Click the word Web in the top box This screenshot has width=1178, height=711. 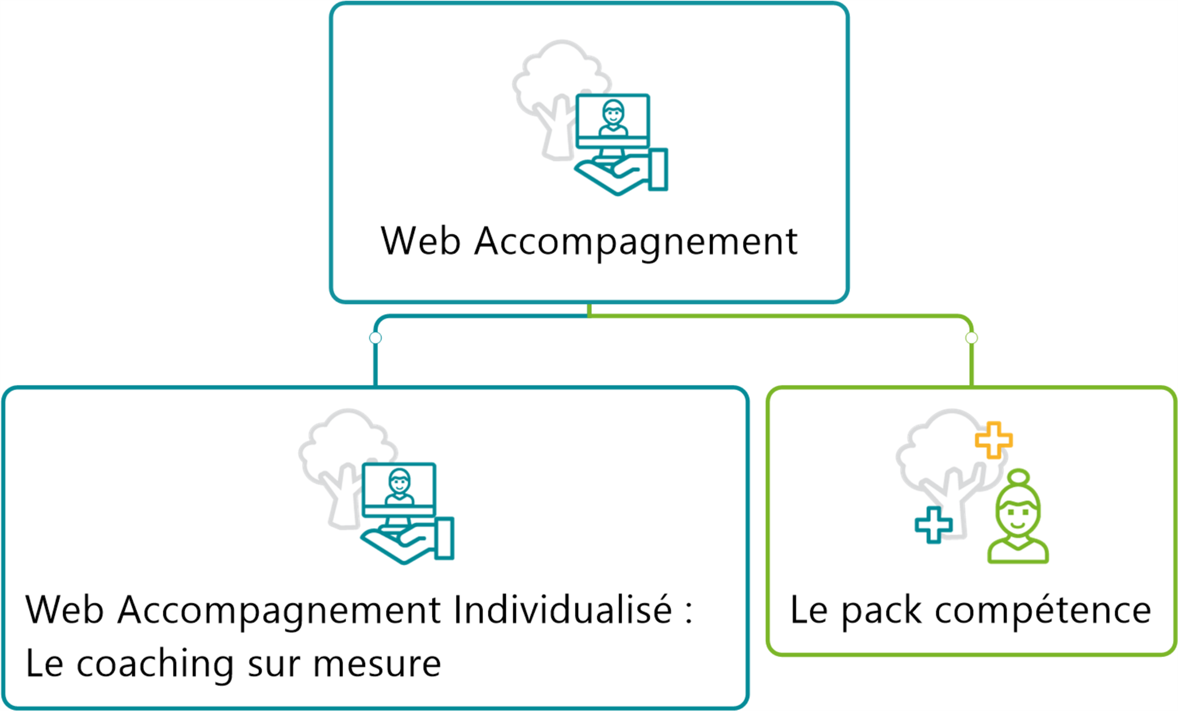pyautogui.click(x=420, y=241)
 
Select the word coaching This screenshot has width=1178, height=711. pyautogui.click(x=155, y=664)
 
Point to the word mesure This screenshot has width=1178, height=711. pyautogui.click(x=377, y=664)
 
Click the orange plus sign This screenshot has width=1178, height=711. pyautogui.click(x=993, y=440)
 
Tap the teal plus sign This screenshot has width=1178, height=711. pyautogui.click(x=934, y=524)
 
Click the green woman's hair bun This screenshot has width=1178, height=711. pyautogui.click(x=1019, y=477)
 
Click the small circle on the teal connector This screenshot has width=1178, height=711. pyautogui.click(x=376, y=338)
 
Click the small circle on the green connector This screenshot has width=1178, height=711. pyautogui.click(x=972, y=338)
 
